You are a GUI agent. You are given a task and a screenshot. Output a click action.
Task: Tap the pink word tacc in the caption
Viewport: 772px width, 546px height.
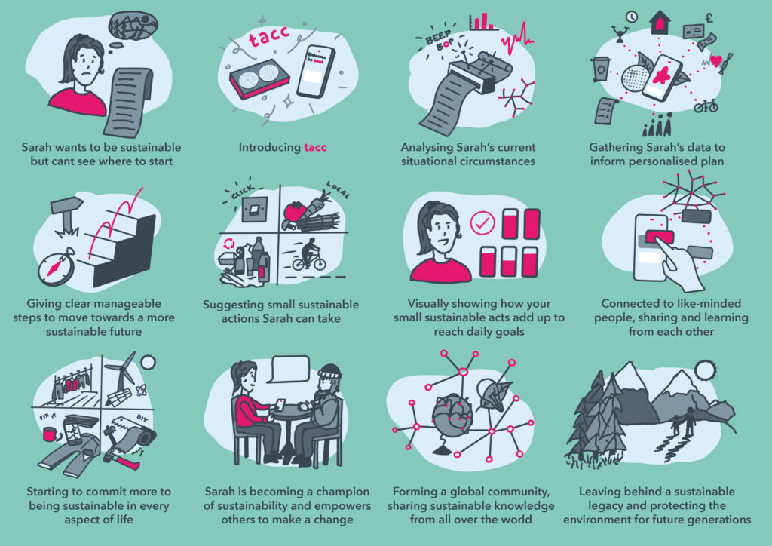pyautogui.click(x=315, y=147)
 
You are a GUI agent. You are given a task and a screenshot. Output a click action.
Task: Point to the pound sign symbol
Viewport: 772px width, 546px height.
pyautogui.click(x=709, y=19)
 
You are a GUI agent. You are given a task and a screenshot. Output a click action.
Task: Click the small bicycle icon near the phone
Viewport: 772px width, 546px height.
pyautogui.click(x=706, y=106)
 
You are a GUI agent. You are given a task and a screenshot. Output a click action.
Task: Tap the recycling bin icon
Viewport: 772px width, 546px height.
pyautogui.click(x=601, y=69)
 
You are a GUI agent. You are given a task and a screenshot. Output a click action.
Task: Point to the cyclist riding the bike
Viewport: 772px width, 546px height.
pyautogui.click(x=309, y=255)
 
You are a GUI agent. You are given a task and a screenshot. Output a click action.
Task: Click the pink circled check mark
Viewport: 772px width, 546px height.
pyautogui.click(x=482, y=223)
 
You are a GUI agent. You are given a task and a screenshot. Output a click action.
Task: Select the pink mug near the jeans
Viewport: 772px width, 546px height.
pyautogui.click(x=51, y=434)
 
